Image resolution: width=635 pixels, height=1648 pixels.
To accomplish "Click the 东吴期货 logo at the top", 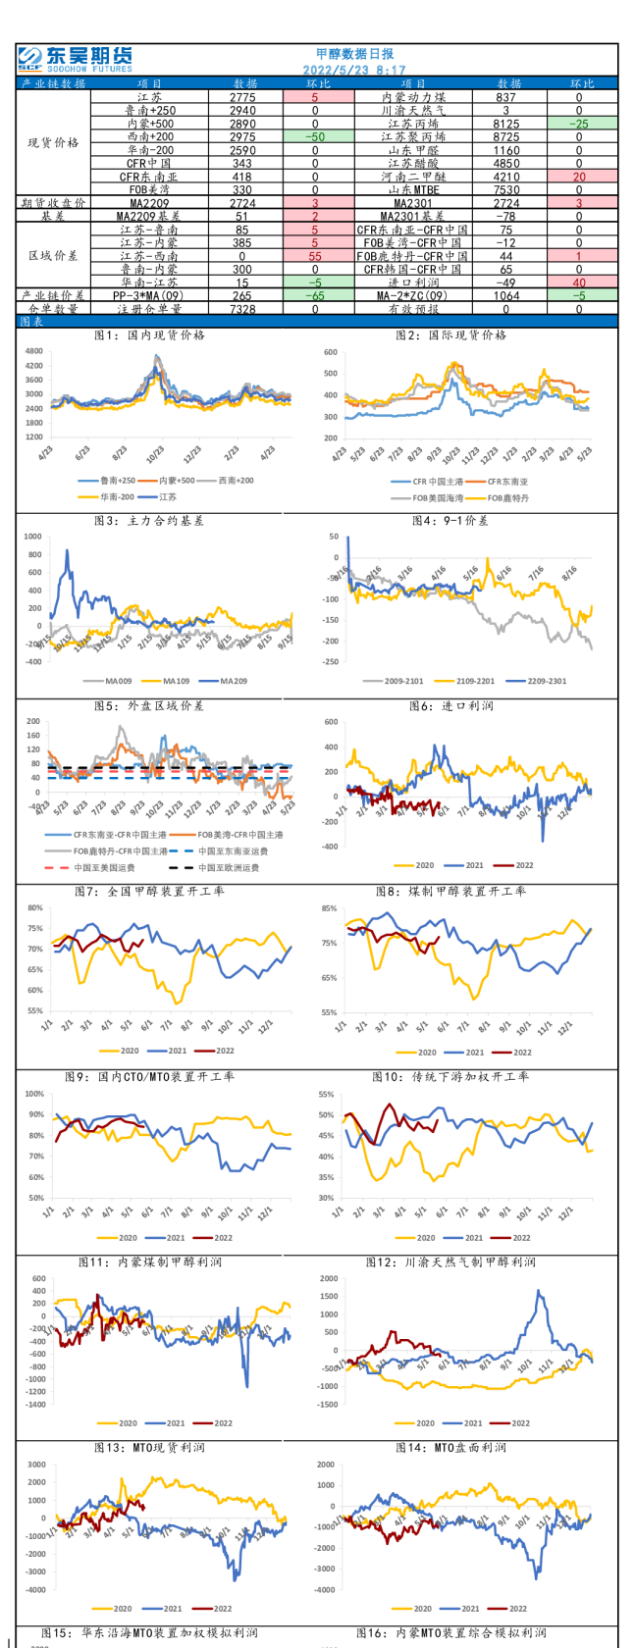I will coord(75,59).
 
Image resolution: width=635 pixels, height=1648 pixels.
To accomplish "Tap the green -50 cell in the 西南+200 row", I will coord(315,137).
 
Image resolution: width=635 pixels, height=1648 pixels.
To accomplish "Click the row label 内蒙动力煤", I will coord(414,97).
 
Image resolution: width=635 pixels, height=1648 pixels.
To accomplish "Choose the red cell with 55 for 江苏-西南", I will coord(315,255).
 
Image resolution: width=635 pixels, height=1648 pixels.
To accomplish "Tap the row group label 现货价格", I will coord(54,143).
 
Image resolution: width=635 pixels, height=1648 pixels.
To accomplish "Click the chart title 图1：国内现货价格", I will coord(149,335).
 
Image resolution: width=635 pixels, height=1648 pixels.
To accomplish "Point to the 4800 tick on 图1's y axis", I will coord(34,351).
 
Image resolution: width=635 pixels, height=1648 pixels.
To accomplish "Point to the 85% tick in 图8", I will coord(329,908).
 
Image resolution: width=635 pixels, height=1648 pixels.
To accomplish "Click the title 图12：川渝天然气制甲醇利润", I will coord(450,1262).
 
